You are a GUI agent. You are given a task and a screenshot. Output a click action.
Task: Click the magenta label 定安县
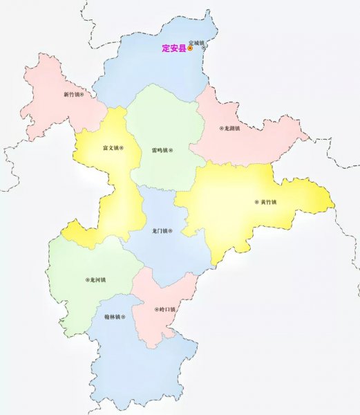tap(174, 48)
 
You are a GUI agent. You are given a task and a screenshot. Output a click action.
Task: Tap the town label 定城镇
tap(198, 41)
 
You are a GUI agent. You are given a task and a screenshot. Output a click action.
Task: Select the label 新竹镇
tap(70, 94)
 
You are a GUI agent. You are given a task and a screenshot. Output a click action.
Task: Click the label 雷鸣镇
tap(160, 149)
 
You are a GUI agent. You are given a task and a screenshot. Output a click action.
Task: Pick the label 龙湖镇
tap(231, 129)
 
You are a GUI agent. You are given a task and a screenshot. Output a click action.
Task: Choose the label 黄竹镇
tap(267, 202)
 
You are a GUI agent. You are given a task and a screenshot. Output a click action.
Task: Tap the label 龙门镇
tap(160, 231)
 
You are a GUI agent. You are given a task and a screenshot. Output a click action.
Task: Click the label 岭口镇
tap(167, 309)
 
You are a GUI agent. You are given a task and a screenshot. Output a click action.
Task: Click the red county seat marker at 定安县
tap(190, 48)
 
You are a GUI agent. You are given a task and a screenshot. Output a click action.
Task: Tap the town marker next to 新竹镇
tap(82, 94)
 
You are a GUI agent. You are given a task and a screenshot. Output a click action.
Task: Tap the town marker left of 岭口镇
tap(156, 309)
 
